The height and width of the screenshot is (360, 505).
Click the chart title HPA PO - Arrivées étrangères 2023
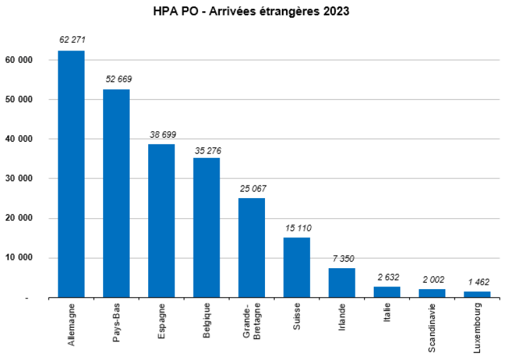click(253, 12)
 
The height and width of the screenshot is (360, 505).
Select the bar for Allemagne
click(71, 174)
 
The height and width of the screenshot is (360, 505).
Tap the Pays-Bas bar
click(117, 193)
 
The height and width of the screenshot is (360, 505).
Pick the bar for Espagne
click(161, 221)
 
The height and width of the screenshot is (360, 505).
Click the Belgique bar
click(207, 228)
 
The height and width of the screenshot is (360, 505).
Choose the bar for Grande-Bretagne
click(252, 248)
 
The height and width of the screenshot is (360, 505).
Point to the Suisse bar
click(296, 268)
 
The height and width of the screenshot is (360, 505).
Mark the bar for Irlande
click(342, 283)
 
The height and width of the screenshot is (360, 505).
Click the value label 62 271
click(71, 41)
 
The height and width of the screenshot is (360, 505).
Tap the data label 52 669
click(117, 79)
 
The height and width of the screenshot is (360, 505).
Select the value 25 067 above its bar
click(252, 189)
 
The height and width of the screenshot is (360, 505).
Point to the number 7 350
click(342, 259)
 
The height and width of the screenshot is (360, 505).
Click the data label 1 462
click(477, 282)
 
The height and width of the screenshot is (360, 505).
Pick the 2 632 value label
click(387, 277)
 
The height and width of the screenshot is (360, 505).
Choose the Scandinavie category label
click(432, 327)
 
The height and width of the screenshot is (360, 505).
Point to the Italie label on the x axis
click(387, 315)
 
